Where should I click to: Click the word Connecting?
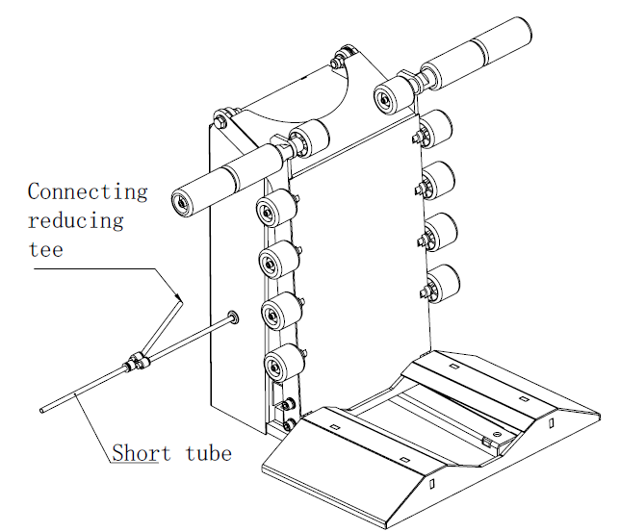click(88, 190)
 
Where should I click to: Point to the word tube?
click(209, 451)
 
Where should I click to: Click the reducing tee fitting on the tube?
click(134, 363)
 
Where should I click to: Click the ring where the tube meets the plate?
click(234, 317)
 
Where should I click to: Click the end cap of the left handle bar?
click(179, 201)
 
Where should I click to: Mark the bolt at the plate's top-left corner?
click(220, 120)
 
